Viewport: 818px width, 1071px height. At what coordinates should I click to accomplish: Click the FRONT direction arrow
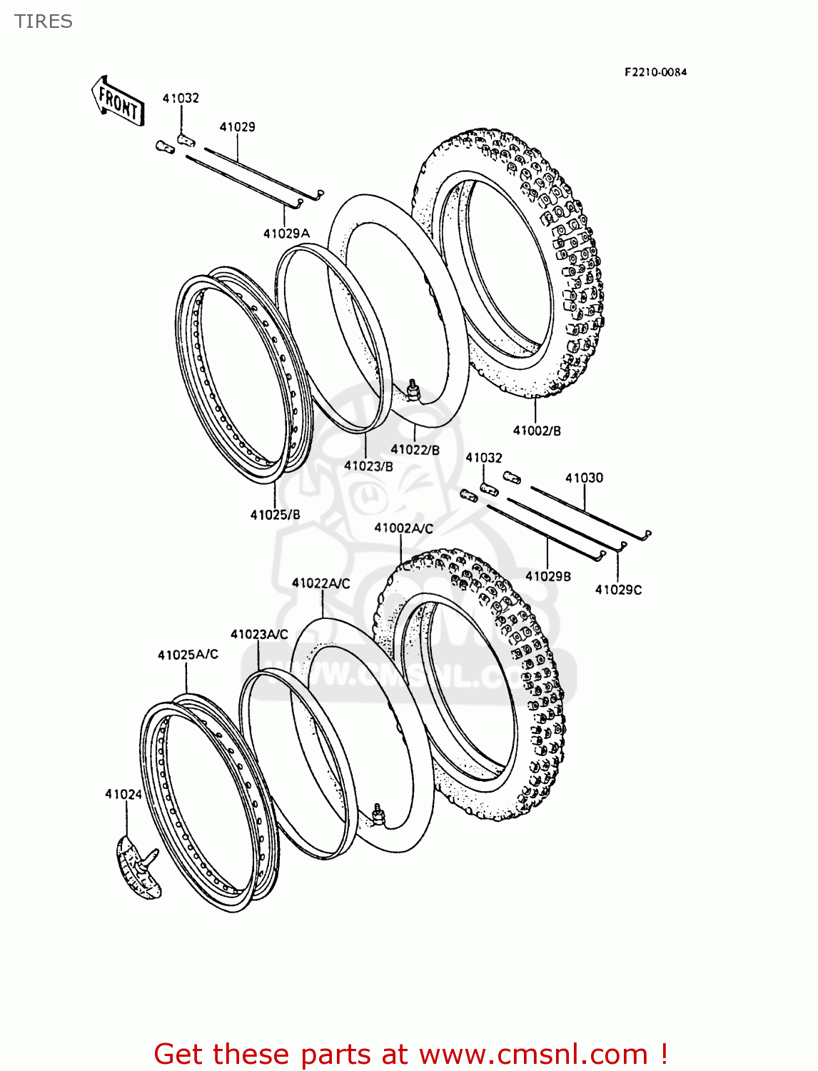point(118,102)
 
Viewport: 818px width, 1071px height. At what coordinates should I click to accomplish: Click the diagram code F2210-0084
point(655,72)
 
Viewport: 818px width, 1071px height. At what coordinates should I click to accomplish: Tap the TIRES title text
point(44,21)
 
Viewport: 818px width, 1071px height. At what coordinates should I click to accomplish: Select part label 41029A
point(286,233)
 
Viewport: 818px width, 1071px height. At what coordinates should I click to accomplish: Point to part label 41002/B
point(537,431)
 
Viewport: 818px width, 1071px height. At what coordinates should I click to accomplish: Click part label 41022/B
point(415,450)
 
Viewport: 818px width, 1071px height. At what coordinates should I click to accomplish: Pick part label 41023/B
point(368,466)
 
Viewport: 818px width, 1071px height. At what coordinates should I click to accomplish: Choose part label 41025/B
point(275,515)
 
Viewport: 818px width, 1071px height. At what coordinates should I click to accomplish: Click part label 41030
point(584,478)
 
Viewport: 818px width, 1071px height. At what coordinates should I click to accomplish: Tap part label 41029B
point(548,576)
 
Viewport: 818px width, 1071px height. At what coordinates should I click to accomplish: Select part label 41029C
point(618,590)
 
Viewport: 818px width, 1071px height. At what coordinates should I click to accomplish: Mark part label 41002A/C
point(403,528)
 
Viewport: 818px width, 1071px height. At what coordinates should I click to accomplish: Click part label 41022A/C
point(320,583)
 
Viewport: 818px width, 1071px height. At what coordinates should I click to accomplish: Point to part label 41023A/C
point(259,634)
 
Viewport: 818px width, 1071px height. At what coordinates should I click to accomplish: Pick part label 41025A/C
point(188,655)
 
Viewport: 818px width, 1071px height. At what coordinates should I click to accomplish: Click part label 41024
point(123,794)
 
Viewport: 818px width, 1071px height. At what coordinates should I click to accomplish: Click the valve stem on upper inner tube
point(413,390)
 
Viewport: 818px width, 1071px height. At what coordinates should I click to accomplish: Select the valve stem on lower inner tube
point(378,813)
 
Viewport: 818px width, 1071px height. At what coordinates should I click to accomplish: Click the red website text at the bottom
point(410,1054)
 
